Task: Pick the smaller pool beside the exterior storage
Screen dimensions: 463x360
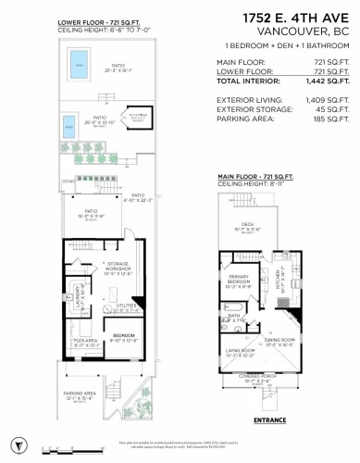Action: tap(66, 126)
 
